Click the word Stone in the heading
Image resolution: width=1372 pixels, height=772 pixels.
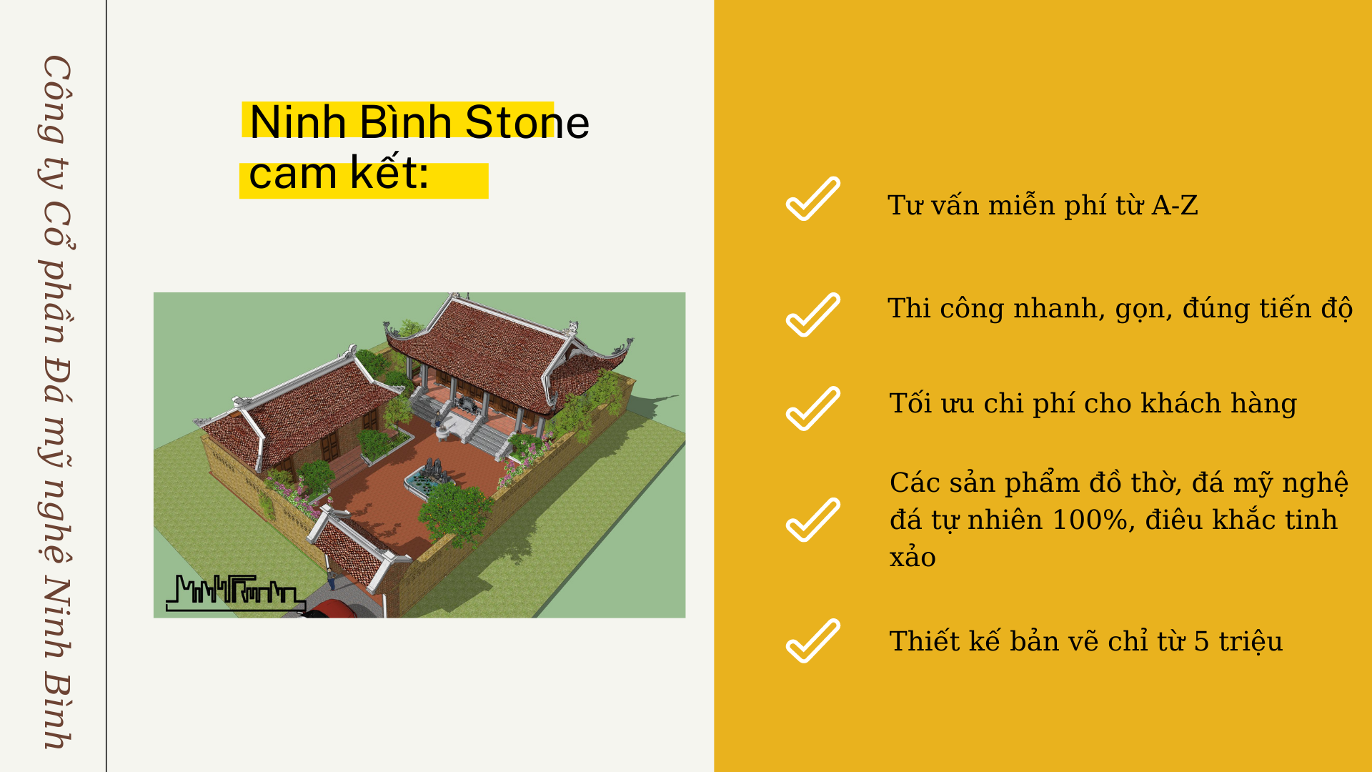click(x=527, y=122)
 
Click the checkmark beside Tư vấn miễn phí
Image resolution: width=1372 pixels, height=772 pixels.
click(x=813, y=199)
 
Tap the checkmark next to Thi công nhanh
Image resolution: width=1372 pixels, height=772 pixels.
click(x=813, y=315)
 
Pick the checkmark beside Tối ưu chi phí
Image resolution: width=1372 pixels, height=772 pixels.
click(x=813, y=408)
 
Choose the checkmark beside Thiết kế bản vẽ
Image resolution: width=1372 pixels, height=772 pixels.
click(x=813, y=640)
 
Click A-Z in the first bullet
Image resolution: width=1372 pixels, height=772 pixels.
click(x=1175, y=206)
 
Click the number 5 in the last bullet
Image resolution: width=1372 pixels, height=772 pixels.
click(x=1202, y=641)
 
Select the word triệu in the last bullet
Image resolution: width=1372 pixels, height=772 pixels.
click(x=1251, y=641)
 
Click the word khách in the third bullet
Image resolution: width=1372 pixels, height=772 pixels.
click(x=1180, y=403)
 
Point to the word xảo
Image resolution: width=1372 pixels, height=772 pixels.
click(x=913, y=557)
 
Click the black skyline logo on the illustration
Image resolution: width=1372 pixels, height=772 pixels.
click(x=236, y=593)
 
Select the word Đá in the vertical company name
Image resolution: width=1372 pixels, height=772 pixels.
click(x=57, y=377)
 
